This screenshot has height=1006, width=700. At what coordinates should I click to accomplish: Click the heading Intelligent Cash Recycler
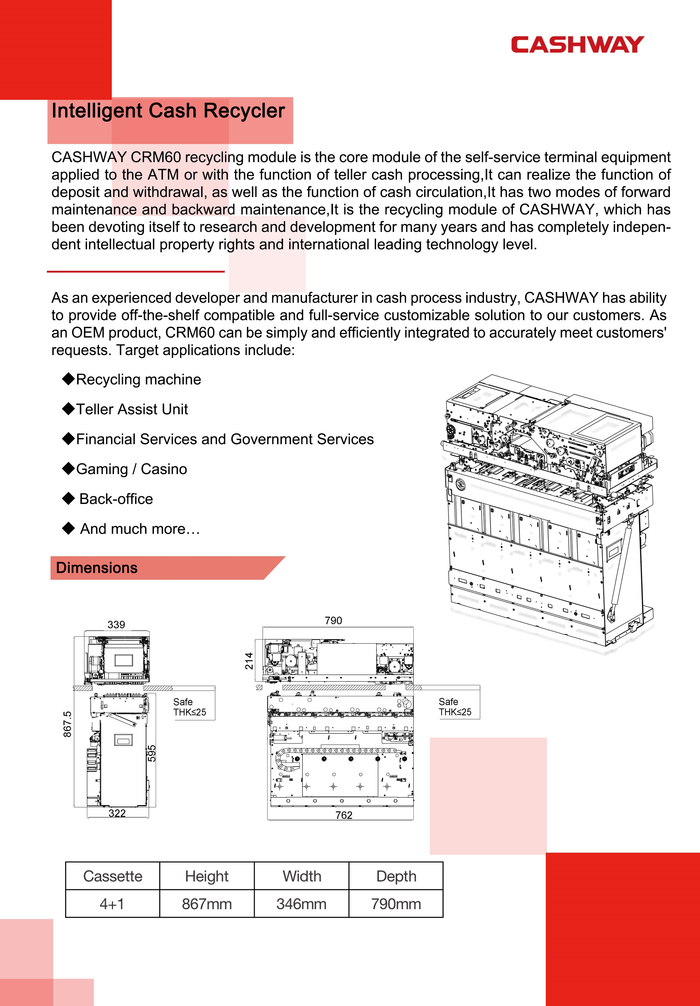[x=168, y=111]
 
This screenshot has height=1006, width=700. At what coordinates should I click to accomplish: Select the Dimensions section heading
[x=97, y=568]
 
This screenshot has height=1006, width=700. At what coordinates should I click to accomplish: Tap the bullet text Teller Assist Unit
[x=132, y=409]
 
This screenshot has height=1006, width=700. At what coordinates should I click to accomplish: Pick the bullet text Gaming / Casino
[x=132, y=469]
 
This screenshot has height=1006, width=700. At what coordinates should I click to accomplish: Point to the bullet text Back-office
[x=116, y=499]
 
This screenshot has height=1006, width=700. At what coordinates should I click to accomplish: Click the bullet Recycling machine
[x=138, y=380]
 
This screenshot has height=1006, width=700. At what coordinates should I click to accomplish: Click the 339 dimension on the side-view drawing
[x=116, y=625]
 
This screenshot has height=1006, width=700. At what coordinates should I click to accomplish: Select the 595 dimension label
[x=152, y=754]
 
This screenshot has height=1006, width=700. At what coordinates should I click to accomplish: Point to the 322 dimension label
[x=117, y=813]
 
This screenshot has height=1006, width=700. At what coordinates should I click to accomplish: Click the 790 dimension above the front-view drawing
[x=333, y=620]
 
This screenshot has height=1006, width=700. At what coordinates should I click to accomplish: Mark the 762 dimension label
[x=344, y=815]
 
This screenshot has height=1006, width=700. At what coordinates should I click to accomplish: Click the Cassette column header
[x=113, y=876]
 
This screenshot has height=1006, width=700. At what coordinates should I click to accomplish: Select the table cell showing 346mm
[x=301, y=903]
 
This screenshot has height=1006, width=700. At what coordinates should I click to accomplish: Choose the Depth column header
[x=396, y=876]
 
